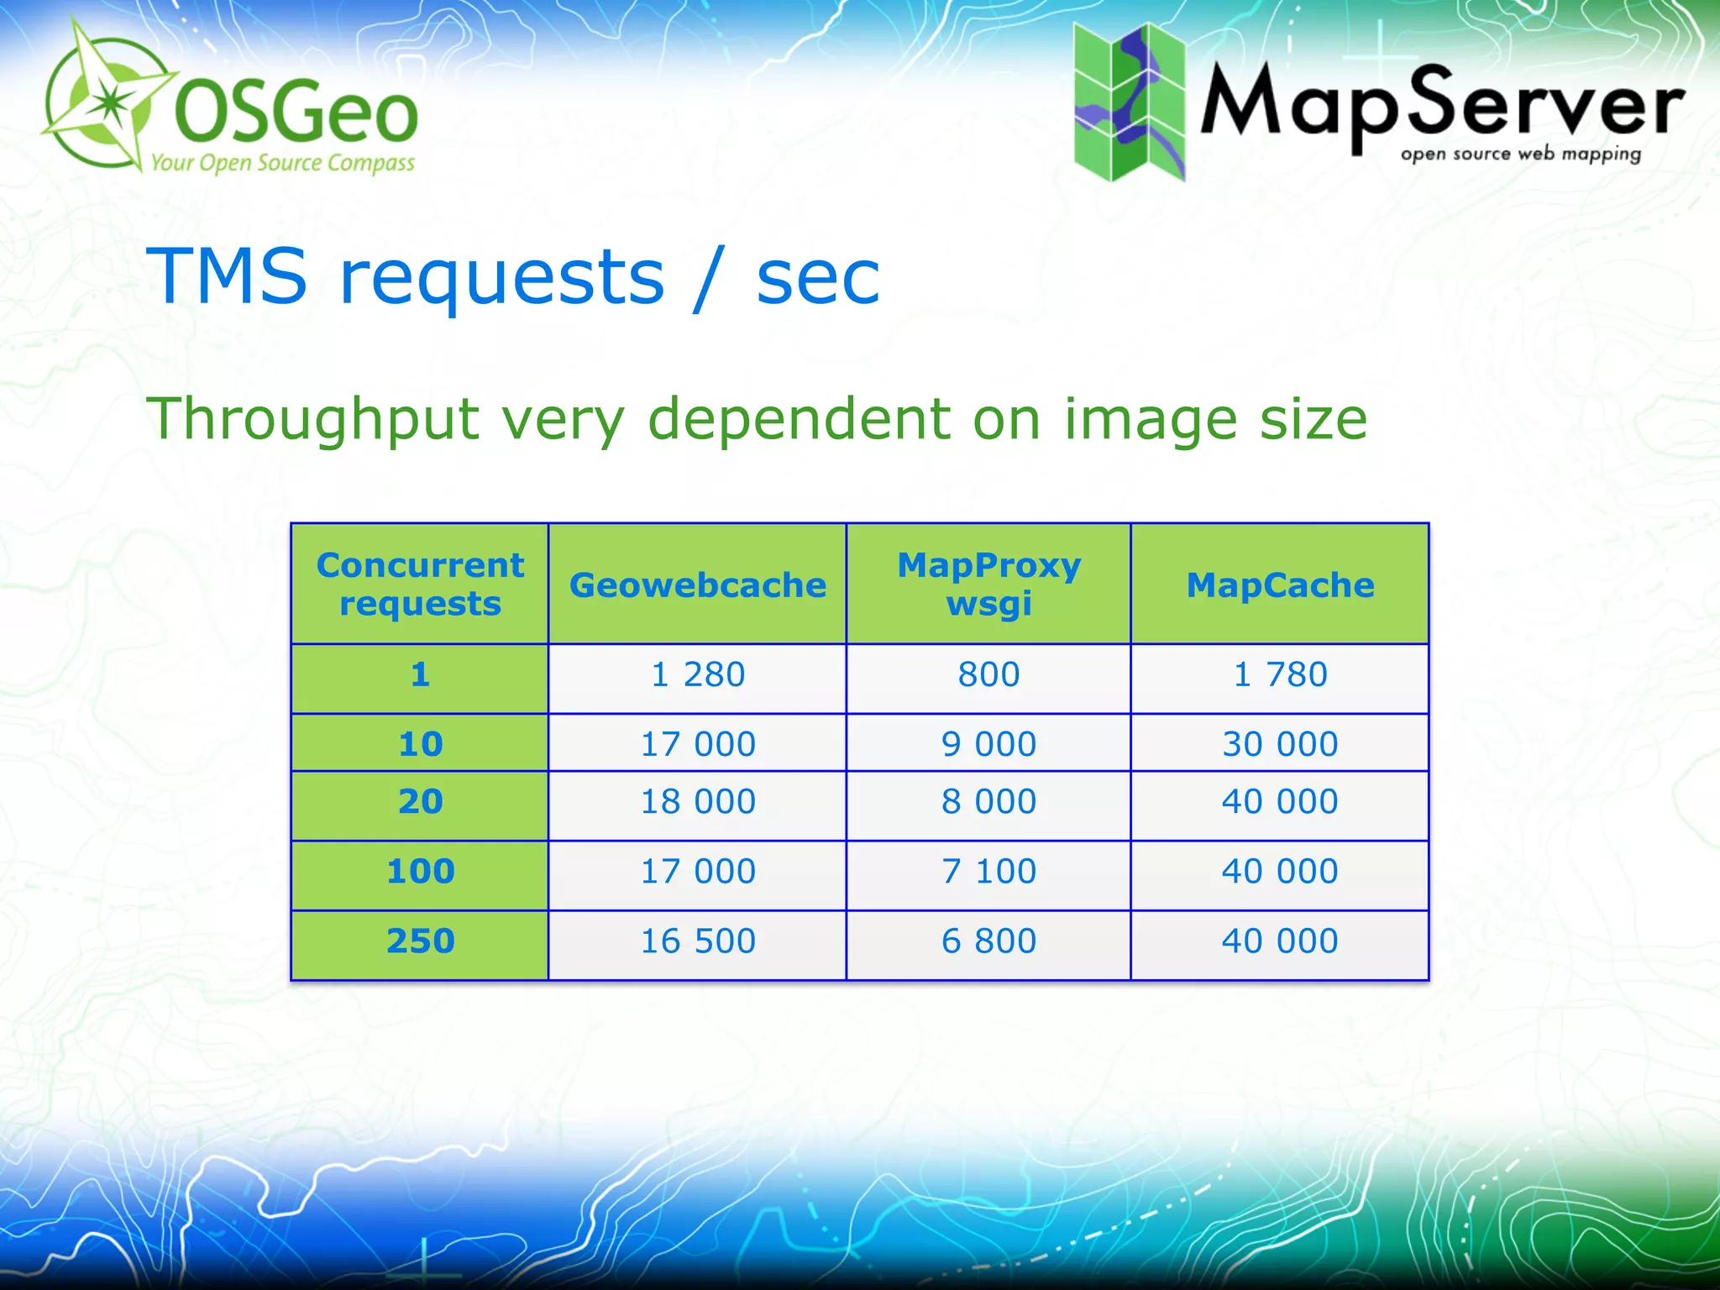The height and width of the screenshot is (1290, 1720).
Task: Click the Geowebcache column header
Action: [x=697, y=585]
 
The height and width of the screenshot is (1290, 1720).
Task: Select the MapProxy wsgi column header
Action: [x=988, y=585]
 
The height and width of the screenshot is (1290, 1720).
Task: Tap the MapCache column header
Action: [x=1280, y=585]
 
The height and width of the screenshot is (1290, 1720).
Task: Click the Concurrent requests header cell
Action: [x=420, y=585]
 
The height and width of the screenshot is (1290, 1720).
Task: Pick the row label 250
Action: [x=420, y=941]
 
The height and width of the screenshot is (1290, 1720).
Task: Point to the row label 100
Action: [x=420, y=872]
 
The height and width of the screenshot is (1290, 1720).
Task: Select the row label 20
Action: [x=420, y=802]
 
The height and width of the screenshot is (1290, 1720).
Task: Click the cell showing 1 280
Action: [x=697, y=675]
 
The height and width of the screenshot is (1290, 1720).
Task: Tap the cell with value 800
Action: [x=988, y=675]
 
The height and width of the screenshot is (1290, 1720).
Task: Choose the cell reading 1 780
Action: [x=1280, y=675]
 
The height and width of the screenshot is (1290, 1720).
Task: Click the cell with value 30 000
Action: [x=1280, y=745]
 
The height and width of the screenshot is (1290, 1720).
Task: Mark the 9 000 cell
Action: [x=988, y=745]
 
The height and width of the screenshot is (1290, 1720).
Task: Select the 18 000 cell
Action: [x=697, y=802]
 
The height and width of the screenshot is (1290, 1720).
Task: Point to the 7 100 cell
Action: [x=988, y=872]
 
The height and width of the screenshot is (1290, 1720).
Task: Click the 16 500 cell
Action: [x=697, y=941]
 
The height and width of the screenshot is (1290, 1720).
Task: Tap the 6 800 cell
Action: [x=988, y=941]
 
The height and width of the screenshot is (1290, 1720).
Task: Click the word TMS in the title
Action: [x=227, y=276]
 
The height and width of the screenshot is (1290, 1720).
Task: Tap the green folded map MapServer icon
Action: [x=1129, y=102]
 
